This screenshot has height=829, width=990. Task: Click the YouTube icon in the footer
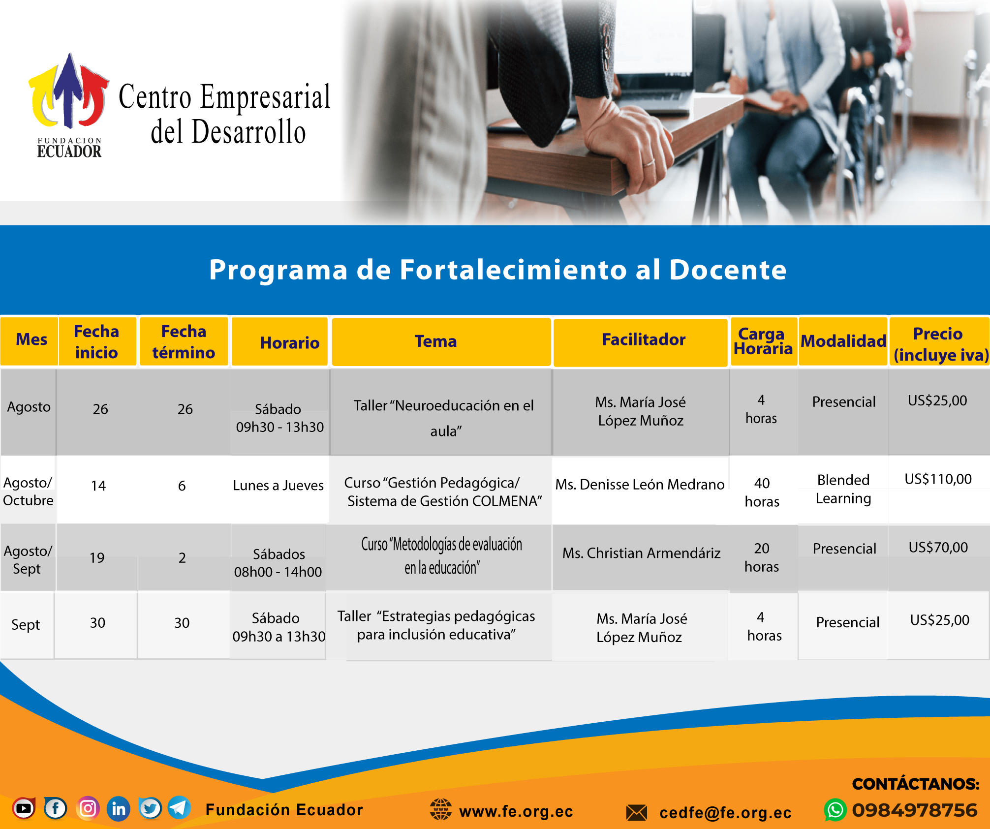[x=24, y=808]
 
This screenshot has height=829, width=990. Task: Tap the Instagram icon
[x=88, y=808]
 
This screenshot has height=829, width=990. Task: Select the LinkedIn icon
[x=119, y=808]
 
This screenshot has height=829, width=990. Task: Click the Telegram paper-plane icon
[x=179, y=808]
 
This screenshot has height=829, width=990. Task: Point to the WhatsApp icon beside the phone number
[x=835, y=810]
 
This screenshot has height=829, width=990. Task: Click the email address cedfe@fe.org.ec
[x=725, y=813]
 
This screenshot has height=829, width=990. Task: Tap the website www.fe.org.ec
[x=516, y=811]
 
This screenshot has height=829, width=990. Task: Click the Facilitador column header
[x=644, y=339]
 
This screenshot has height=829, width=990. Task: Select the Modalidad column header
[x=843, y=341]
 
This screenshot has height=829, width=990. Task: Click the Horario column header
[x=290, y=342]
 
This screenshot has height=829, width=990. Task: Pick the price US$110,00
[x=938, y=479]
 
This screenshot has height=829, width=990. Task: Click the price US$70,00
[x=938, y=547]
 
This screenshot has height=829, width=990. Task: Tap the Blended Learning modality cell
[x=843, y=489]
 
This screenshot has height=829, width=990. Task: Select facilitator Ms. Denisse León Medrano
[x=640, y=485]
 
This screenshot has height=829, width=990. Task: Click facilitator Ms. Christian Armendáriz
[x=642, y=553]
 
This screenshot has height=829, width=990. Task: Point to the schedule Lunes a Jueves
[x=278, y=486]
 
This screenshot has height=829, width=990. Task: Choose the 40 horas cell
[x=762, y=492]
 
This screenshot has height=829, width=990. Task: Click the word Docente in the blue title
[x=728, y=270]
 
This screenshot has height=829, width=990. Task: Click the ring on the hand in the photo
[x=649, y=162]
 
